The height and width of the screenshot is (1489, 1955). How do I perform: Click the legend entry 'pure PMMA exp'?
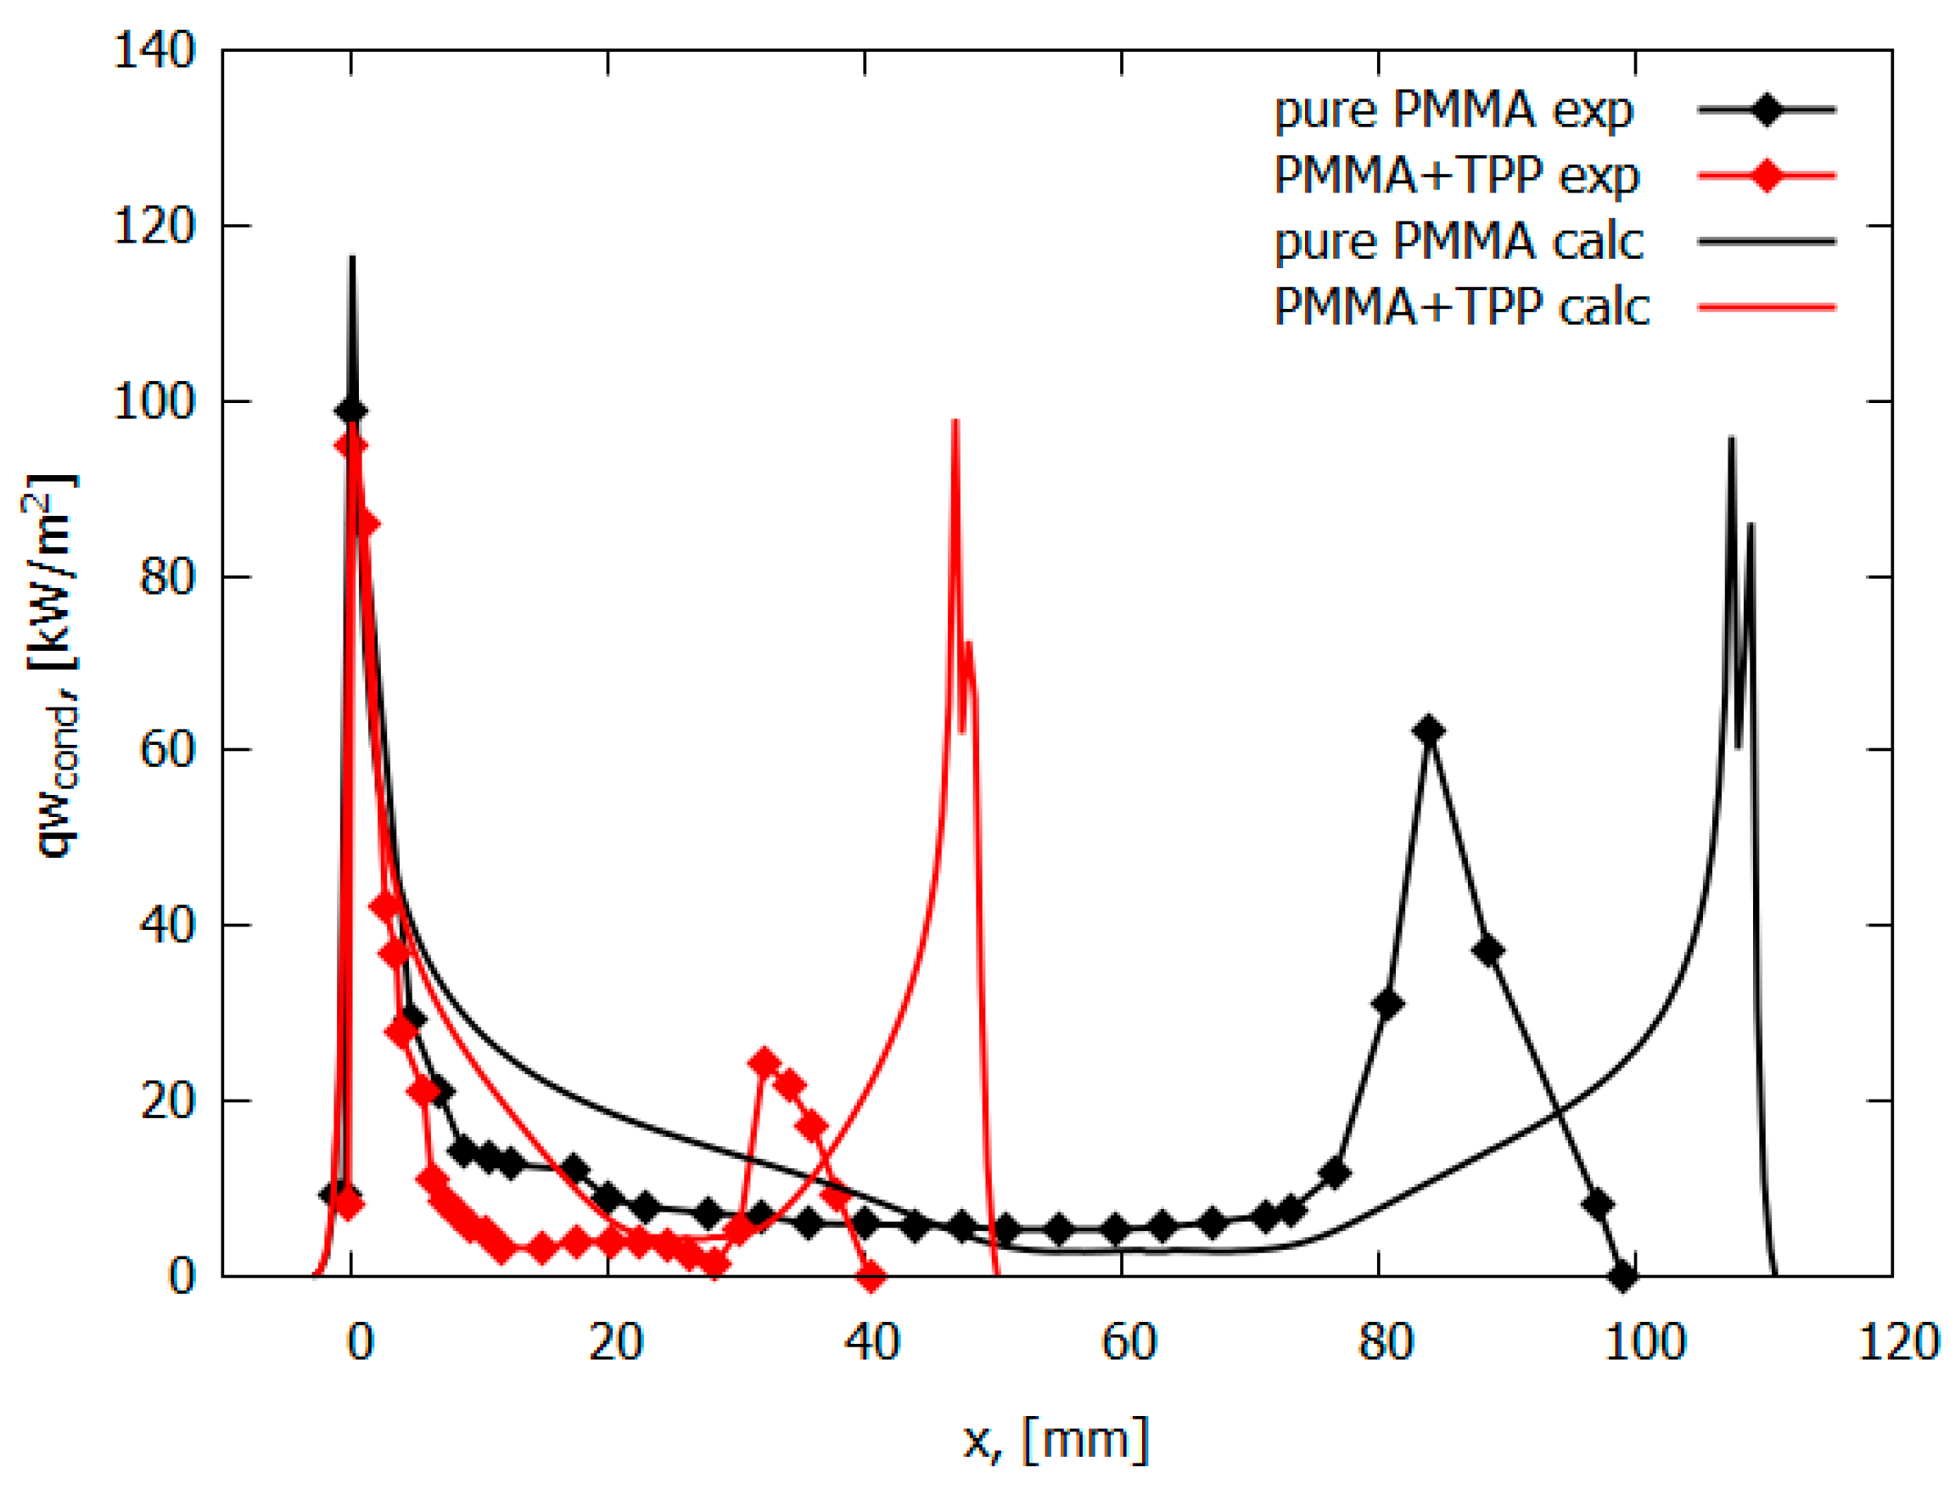click(1454, 111)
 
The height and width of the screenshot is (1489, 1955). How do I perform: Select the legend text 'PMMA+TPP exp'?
click(1456, 176)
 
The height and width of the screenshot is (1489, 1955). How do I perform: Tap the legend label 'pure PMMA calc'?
click(1459, 242)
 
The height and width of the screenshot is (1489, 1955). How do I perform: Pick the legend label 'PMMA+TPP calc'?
click(1461, 307)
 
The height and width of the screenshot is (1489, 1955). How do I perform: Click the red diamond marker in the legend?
click(1767, 176)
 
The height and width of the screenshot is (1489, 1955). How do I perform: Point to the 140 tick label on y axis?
click(154, 51)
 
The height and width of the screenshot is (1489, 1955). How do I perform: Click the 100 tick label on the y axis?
click(154, 401)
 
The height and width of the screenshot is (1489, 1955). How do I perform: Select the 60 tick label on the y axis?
click(166, 751)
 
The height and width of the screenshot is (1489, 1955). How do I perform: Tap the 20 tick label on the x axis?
click(615, 1343)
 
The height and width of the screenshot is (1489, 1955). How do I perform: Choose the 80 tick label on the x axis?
click(1385, 1343)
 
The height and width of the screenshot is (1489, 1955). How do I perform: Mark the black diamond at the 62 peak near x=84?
click(1429, 731)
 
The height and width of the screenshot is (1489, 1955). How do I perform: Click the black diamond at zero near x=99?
click(1622, 1277)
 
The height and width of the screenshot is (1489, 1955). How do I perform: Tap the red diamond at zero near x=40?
click(871, 1277)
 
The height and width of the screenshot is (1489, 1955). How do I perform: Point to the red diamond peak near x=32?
click(764, 1061)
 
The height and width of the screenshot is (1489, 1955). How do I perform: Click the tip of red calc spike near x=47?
click(955, 421)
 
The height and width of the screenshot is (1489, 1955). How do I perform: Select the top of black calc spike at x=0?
click(352, 258)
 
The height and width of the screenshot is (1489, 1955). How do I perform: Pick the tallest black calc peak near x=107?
click(1732, 438)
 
